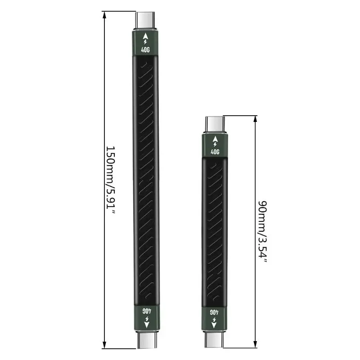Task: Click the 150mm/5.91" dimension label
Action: pos(110,180)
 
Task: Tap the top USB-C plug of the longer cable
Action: pos(146,20)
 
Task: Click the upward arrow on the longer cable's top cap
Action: pos(146,35)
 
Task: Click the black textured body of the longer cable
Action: pos(146,180)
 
